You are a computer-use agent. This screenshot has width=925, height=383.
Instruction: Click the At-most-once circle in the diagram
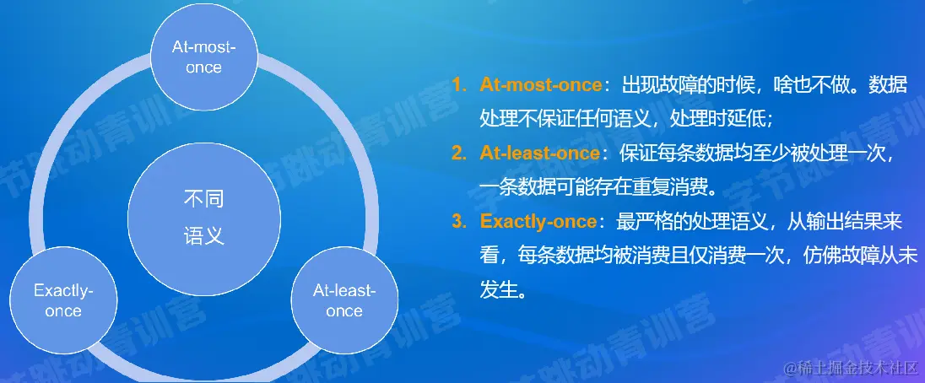[x=204, y=57]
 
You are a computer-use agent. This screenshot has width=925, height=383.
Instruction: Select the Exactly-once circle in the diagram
[x=63, y=300]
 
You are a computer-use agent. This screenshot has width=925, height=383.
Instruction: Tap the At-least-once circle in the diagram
[x=344, y=300]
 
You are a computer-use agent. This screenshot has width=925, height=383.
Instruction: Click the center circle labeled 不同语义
[x=204, y=219]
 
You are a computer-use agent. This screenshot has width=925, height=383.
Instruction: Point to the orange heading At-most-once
[x=540, y=85]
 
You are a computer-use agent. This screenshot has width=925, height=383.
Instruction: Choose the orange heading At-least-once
[x=539, y=154]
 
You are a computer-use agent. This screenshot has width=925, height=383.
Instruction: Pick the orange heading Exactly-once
[x=538, y=222]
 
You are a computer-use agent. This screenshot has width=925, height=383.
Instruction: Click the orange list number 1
[x=458, y=85]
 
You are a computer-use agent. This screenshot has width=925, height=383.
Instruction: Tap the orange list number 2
[x=460, y=154]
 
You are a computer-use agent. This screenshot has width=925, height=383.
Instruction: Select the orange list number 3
[x=460, y=222]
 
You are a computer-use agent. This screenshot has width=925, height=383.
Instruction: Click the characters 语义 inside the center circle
[x=204, y=236]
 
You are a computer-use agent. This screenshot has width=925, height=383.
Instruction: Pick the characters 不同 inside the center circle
[x=204, y=200]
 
